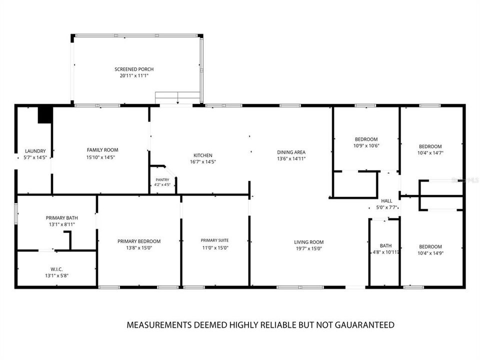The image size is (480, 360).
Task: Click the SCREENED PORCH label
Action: coord(134,69)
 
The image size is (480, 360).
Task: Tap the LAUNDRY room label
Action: coord(35,151)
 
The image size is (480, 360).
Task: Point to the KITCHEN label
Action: coord(202,155)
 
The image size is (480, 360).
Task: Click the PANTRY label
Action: coord(162,179)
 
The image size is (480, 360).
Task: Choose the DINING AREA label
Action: coord(291,152)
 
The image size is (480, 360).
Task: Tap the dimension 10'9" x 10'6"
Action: coord(366,145)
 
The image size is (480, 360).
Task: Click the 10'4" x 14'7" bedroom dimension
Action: coord(430,153)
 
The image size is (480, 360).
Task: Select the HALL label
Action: coord(386,201)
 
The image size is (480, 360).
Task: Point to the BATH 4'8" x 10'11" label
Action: coord(385,249)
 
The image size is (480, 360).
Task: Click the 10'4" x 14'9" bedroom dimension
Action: coord(430,253)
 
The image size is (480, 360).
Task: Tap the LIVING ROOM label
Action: coord(308,242)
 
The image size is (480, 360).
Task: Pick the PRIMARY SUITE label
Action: coord(214,240)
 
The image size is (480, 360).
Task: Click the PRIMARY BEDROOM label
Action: coord(139,241)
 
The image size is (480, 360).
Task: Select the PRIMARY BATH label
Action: coord(62,217)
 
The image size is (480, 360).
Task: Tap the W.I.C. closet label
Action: coord(56,269)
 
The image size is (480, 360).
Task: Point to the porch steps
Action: coord(177,97)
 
